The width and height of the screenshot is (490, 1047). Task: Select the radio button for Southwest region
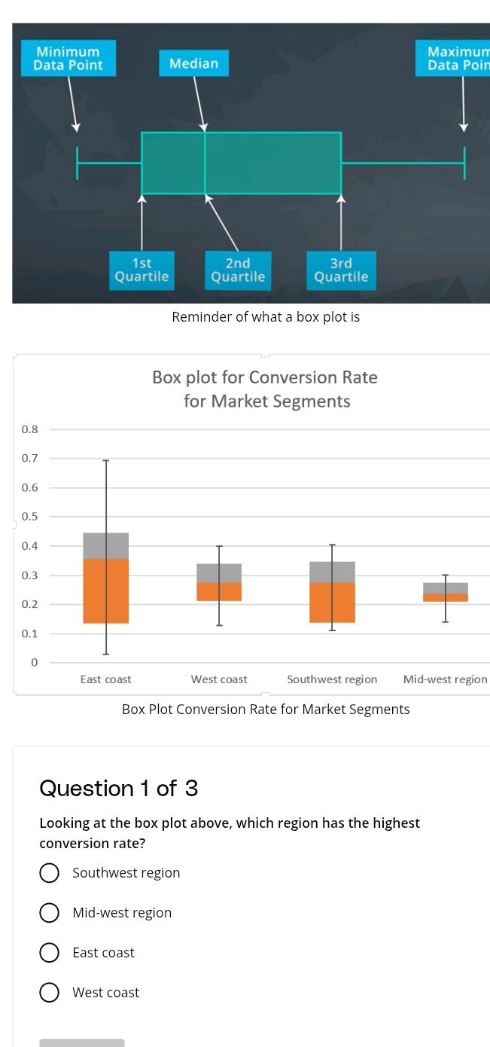pyautogui.click(x=50, y=873)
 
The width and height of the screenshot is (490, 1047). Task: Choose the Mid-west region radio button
pyautogui.click(x=50, y=913)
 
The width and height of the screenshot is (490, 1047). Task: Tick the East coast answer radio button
pyautogui.click(x=50, y=953)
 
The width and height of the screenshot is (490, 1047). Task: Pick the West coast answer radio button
pyautogui.click(x=50, y=993)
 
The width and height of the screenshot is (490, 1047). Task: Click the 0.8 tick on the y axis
pyautogui.click(x=30, y=429)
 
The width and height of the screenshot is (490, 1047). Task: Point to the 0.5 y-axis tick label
pyautogui.click(x=30, y=517)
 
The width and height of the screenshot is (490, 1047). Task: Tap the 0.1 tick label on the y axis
pyautogui.click(x=30, y=633)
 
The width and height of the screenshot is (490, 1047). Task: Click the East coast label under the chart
pyautogui.click(x=105, y=679)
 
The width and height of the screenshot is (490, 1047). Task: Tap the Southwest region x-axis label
pyautogui.click(x=332, y=679)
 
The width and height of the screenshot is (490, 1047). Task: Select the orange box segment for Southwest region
pyautogui.click(x=332, y=603)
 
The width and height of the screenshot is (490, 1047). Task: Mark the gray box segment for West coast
pyautogui.click(x=219, y=572)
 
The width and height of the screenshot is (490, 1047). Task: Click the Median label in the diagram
pyautogui.click(x=193, y=63)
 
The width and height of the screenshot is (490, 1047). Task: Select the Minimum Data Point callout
pyautogui.click(x=68, y=58)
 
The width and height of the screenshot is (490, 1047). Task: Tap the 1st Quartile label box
pyautogui.click(x=141, y=270)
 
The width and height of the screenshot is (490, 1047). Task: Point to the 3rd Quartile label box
pyautogui.click(x=341, y=270)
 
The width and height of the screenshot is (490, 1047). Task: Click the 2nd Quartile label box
pyautogui.click(x=238, y=270)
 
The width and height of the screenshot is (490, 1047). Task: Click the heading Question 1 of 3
pyautogui.click(x=118, y=788)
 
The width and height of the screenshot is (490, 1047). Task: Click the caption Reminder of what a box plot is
pyautogui.click(x=266, y=317)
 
